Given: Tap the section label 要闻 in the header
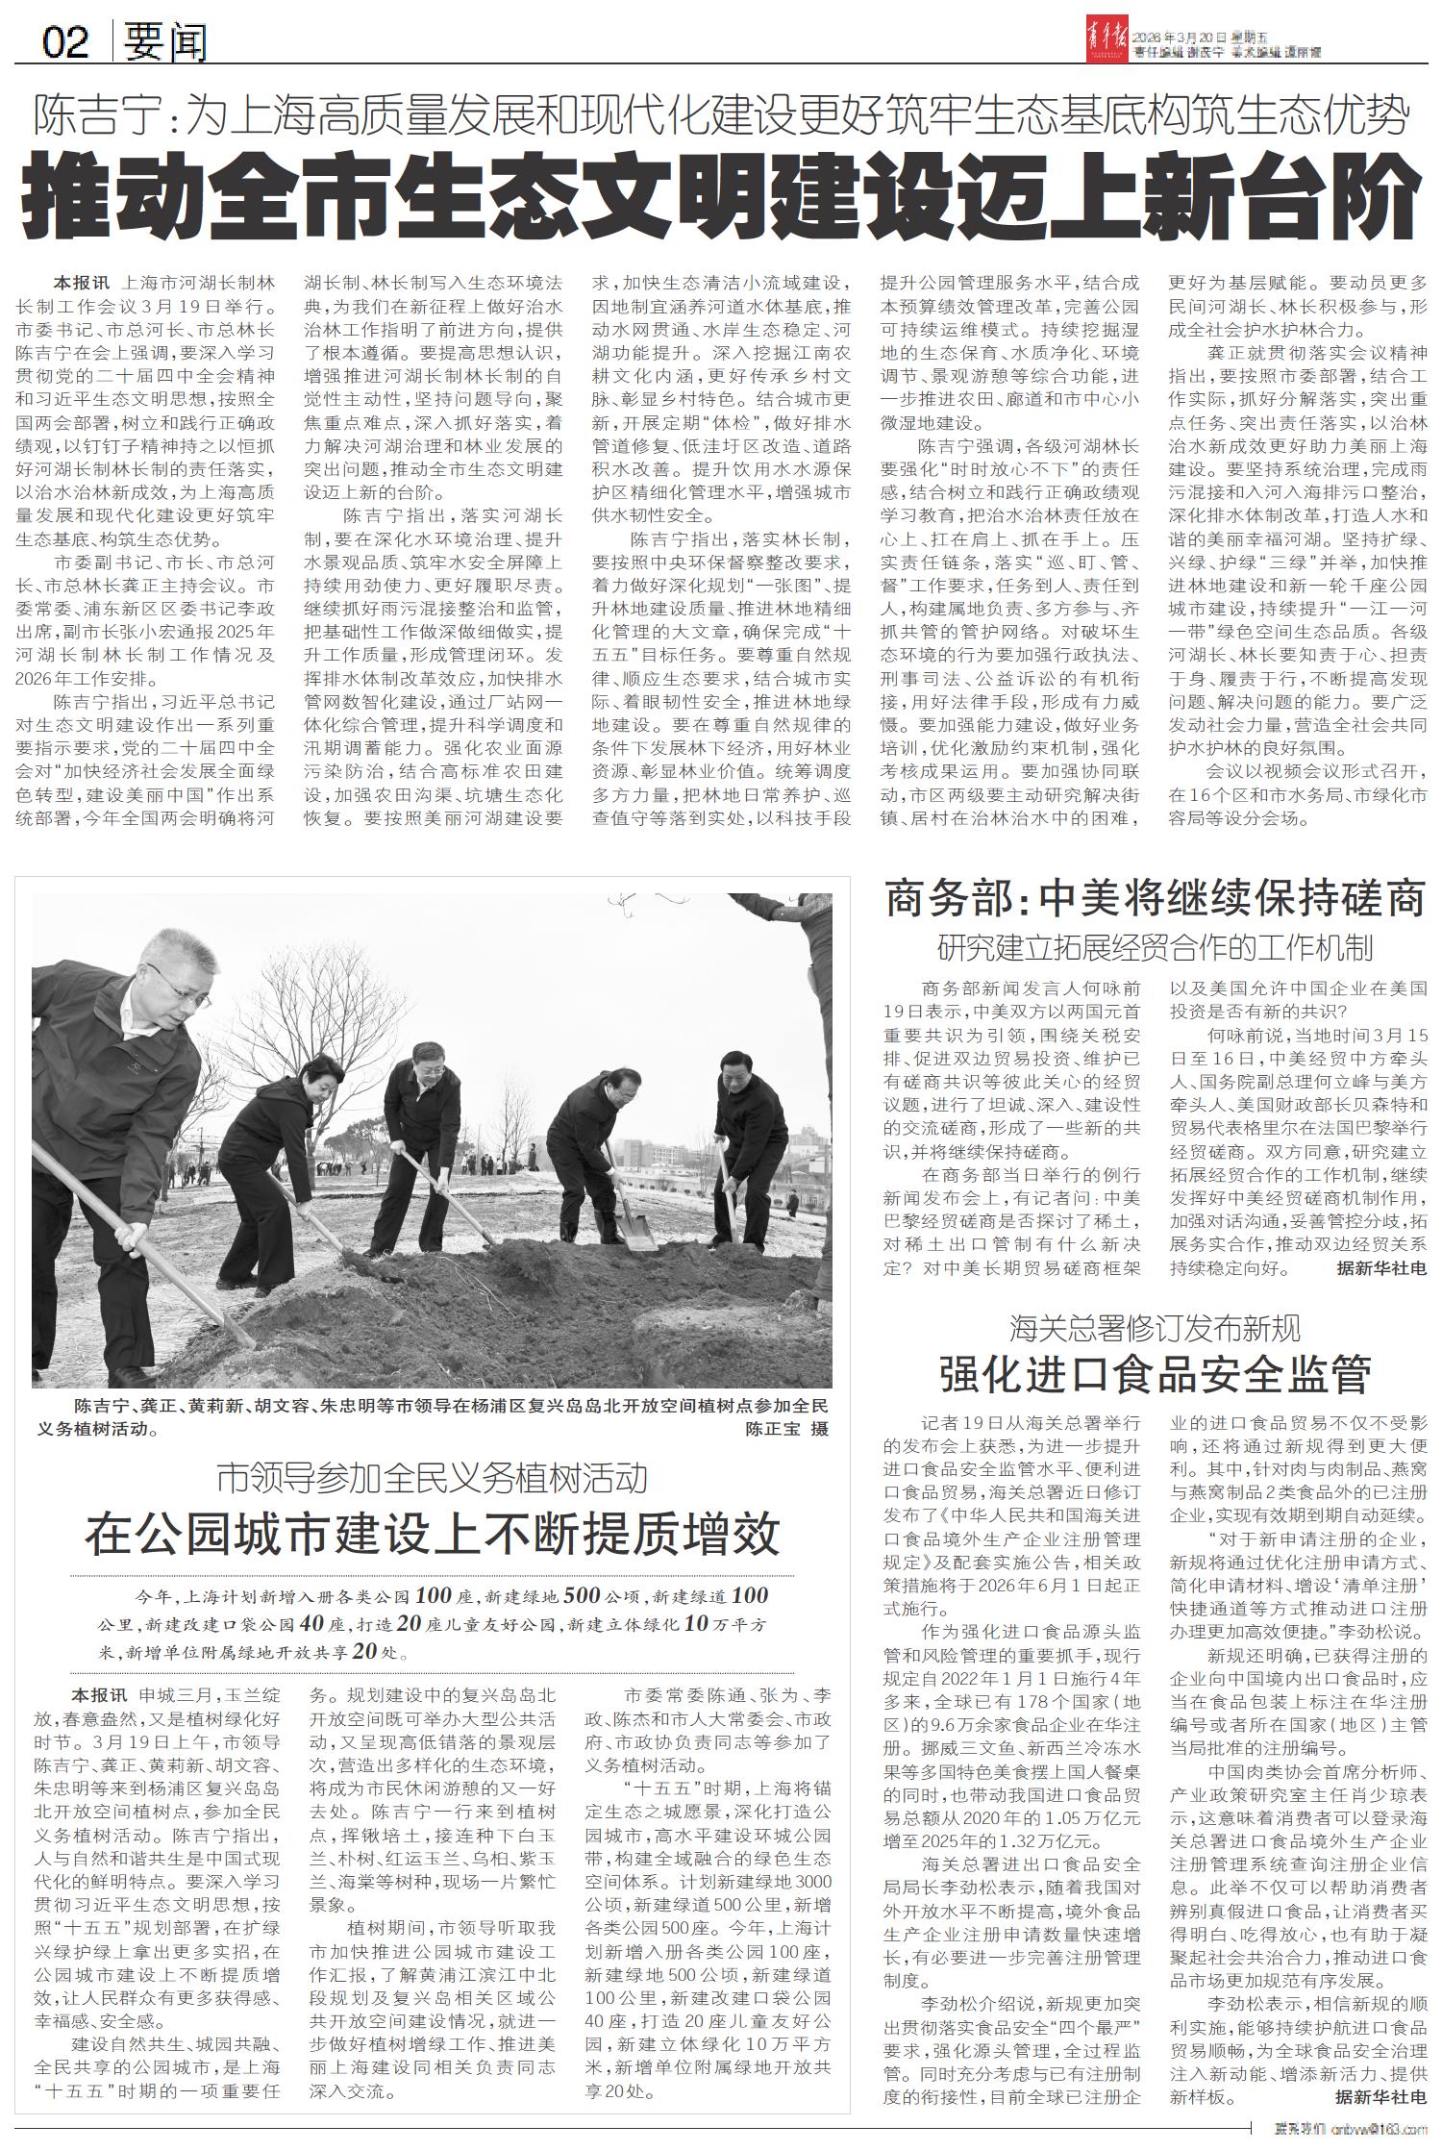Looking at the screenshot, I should (163, 42).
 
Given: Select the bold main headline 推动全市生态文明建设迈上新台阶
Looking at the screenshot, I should (721, 196).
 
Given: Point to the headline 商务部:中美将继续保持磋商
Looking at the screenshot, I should (1155, 900).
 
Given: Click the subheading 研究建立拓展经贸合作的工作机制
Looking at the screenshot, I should (1155, 949).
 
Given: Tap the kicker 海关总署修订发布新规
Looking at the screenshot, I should (1155, 1328).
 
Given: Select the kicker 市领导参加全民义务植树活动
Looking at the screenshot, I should (432, 1478).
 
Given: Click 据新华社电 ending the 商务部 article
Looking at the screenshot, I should (1380, 1269).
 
